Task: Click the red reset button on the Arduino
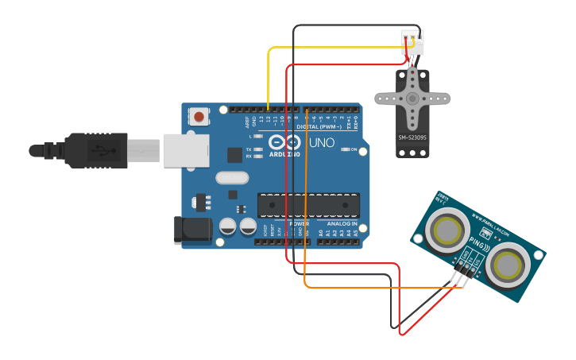pyautogui.click(x=199, y=117)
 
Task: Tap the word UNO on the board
pyautogui.click(x=321, y=144)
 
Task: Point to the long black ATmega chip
pyautogui.click(x=308, y=205)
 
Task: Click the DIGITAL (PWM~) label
pyautogui.click(x=319, y=126)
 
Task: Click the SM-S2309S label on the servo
pyautogui.click(x=412, y=137)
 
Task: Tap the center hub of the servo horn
pyautogui.click(x=412, y=99)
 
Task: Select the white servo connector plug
pyautogui.click(x=412, y=42)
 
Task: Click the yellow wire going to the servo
pyautogui.click(x=334, y=48)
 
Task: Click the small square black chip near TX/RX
pyautogui.click(x=235, y=155)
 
